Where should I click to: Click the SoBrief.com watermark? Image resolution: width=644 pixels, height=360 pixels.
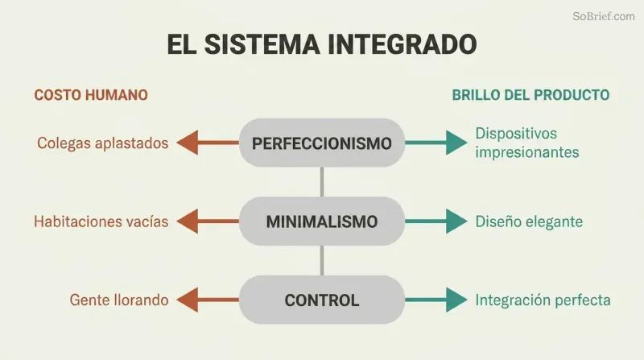click(603, 16)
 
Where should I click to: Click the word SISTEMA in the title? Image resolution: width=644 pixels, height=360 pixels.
click(262, 44)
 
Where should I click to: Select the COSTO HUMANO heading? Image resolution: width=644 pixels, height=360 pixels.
click(91, 95)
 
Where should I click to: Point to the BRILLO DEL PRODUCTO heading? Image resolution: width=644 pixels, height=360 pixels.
click(530, 95)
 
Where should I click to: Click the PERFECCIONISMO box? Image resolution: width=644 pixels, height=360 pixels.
click(322, 143)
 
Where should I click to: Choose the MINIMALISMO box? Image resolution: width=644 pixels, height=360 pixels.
click(322, 221)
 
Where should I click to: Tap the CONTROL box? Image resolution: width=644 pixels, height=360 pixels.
click(322, 300)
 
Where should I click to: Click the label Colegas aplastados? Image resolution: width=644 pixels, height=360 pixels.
click(103, 143)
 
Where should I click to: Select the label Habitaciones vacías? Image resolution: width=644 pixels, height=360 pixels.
click(101, 221)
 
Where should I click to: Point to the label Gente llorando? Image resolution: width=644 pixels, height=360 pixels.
click(119, 300)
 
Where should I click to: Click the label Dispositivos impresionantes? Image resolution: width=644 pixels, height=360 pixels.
click(527, 143)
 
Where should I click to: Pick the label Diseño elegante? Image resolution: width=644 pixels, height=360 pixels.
click(529, 221)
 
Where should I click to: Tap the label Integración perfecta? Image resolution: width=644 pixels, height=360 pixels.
click(543, 300)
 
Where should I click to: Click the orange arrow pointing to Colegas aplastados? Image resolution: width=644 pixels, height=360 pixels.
click(208, 143)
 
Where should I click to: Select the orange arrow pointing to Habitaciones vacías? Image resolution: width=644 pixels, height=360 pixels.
click(208, 221)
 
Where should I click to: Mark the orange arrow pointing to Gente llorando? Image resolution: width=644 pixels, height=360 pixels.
click(208, 300)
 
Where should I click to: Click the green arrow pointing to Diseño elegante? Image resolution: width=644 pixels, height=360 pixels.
click(436, 221)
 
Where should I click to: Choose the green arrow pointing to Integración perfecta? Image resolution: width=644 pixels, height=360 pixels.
click(436, 300)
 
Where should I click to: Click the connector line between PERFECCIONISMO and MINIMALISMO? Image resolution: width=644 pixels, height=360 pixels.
click(322, 182)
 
